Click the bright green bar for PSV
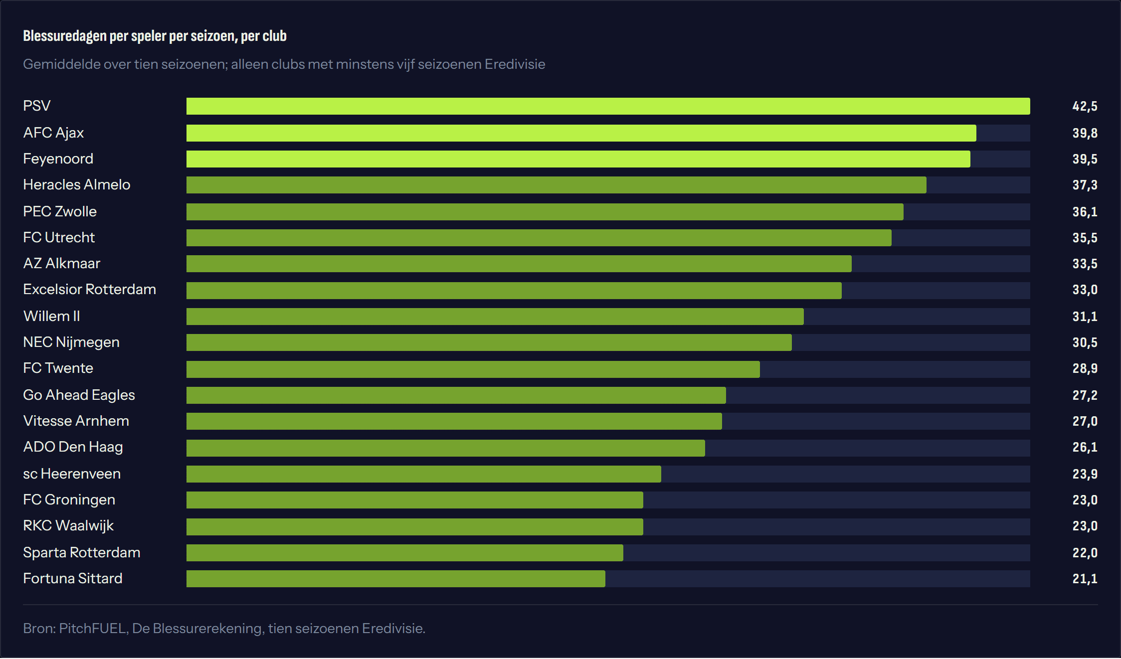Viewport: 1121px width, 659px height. click(x=608, y=106)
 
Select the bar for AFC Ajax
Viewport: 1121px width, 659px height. click(x=581, y=133)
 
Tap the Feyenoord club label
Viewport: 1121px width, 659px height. click(x=58, y=159)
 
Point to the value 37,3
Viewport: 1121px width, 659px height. click(x=1085, y=185)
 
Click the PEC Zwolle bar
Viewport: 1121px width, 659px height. click(x=545, y=212)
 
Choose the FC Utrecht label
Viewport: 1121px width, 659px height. click(x=59, y=237)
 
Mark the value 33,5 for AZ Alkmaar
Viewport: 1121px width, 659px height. click(x=1085, y=264)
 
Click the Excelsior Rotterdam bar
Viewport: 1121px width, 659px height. click(x=514, y=291)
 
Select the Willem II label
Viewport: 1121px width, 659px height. click(x=51, y=316)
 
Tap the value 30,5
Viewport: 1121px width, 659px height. click(x=1085, y=342)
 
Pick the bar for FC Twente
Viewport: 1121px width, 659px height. click(x=473, y=369)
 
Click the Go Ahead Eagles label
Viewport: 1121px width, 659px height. click(x=79, y=395)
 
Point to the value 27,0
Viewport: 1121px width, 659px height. click(x=1085, y=421)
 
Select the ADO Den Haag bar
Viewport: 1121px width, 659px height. click(x=445, y=448)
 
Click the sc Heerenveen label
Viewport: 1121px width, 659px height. click(x=72, y=474)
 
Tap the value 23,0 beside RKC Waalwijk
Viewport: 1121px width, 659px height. click(x=1085, y=526)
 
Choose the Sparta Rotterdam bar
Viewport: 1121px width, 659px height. click(x=404, y=553)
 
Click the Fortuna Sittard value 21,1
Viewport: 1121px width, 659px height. click(x=1085, y=579)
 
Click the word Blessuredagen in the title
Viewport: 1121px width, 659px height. click(x=64, y=36)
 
